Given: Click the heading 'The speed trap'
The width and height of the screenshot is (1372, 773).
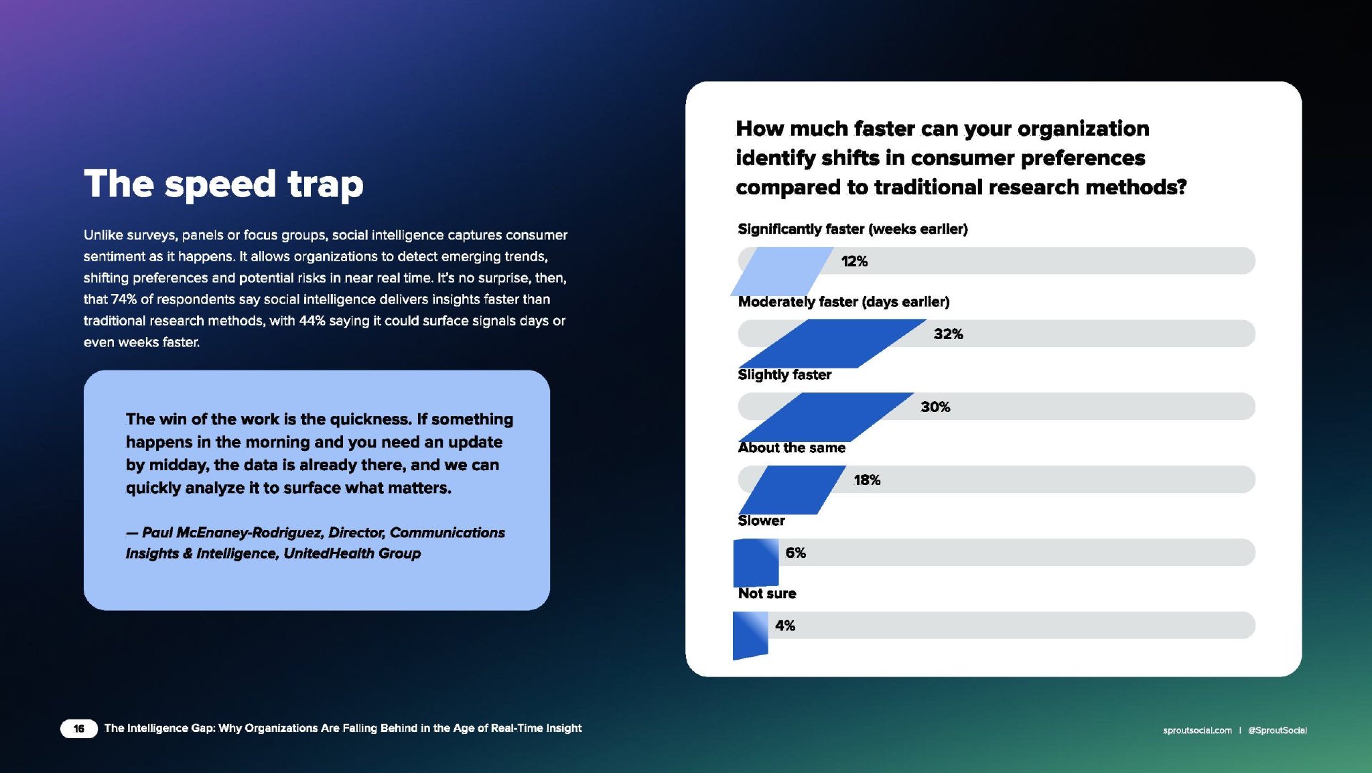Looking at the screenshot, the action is click(224, 184).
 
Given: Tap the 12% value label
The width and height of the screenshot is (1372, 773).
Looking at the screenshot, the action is click(854, 261).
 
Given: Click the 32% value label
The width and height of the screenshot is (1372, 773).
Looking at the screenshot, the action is click(949, 334).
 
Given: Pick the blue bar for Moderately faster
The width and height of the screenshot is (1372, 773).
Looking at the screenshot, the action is click(833, 344).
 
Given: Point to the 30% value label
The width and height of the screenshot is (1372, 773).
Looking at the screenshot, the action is click(935, 407).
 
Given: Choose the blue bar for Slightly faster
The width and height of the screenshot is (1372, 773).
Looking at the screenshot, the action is click(826, 417).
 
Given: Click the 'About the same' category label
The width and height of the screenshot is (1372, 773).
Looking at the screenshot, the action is click(792, 447).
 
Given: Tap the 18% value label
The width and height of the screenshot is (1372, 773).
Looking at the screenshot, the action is click(867, 480).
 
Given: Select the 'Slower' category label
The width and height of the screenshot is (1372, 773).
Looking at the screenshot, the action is click(761, 520).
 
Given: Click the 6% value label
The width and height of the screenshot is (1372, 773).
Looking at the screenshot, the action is click(795, 553).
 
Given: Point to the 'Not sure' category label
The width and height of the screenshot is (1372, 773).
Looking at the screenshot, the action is click(767, 593).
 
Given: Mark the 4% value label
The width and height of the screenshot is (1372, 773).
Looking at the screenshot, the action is click(785, 626).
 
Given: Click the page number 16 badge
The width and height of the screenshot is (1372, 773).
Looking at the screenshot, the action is click(79, 729).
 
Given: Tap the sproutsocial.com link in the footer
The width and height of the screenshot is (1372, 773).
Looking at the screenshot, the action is click(1197, 730).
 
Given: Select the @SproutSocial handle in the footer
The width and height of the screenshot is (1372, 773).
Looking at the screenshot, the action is click(1278, 730).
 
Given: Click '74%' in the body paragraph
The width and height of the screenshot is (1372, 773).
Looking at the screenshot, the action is click(124, 299).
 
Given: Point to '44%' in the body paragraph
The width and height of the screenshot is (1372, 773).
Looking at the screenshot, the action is click(312, 321).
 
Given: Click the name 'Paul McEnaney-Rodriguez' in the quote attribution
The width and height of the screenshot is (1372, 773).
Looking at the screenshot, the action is click(232, 533).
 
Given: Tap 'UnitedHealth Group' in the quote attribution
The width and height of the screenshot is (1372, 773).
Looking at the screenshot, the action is click(352, 553).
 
